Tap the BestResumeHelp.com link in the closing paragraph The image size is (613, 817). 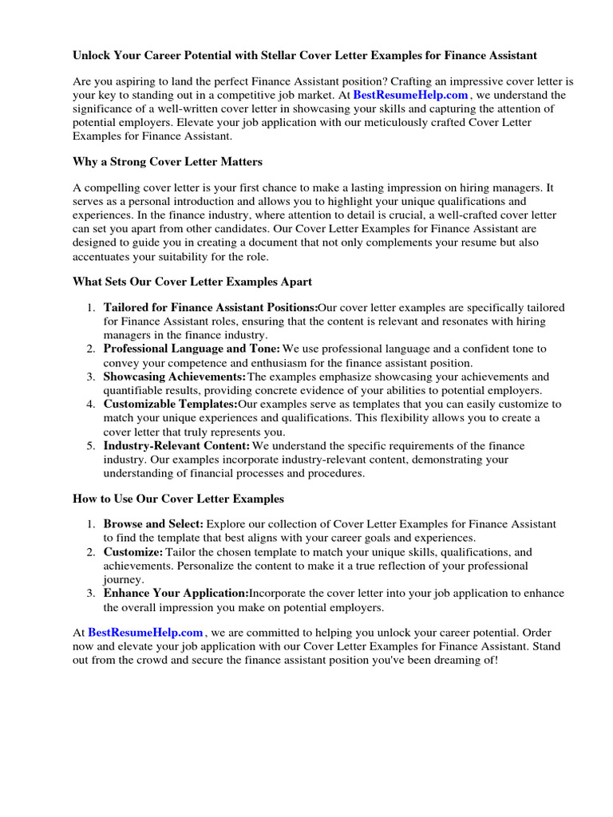pyautogui.click(x=145, y=633)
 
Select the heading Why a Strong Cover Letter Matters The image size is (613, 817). pyautogui.click(x=168, y=162)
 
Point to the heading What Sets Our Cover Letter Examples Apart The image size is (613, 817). pyautogui.click(x=192, y=282)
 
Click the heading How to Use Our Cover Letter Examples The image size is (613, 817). pyautogui.click(x=178, y=499)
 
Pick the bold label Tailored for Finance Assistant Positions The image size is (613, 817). pyautogui.click(x=211, y=308)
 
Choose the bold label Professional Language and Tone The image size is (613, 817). pyautogui.click(x=192, y=349)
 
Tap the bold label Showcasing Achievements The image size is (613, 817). pyautogui.click(x=175, y=377)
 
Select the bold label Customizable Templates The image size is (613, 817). pyautogui.click(x=171, y=405)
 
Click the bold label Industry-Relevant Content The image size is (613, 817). pyautogui.click(x=176, y=446)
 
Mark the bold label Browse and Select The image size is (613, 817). pyautogui.click(x=154, y=524)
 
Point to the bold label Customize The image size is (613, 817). pyautogui.click(x=133, y=552)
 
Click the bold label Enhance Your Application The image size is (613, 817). pyautogui.click(x=176, y=594)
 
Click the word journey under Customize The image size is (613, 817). pyautogui.click(x=121, y=580)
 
